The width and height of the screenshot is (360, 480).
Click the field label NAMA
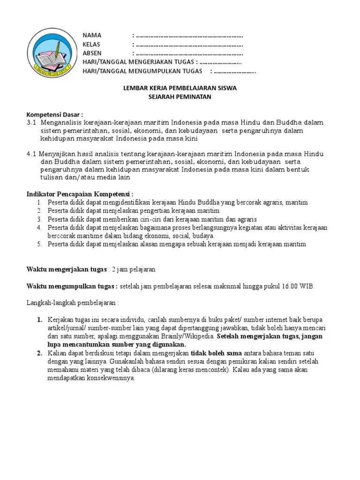coord(92,36)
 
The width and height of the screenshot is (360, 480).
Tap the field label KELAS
coord(92,45)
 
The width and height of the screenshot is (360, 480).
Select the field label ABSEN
coord(92,53)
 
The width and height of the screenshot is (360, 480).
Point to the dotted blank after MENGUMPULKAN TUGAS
coord(235,71)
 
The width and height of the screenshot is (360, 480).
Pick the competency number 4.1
coord(31,154)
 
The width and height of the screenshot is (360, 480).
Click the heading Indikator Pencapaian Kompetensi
coord(80,194)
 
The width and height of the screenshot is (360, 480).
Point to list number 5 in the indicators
coord(39,244)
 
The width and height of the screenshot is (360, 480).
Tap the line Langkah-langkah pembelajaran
coord(73,303)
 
